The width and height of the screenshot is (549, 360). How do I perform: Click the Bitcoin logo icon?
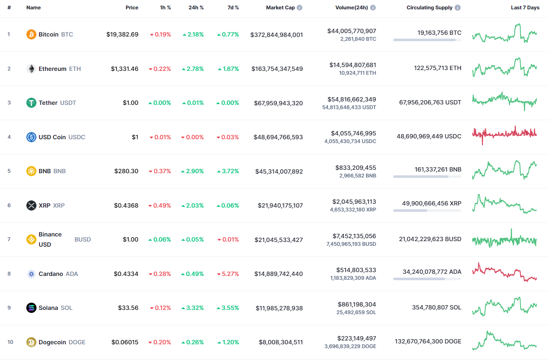[x=31, y=34]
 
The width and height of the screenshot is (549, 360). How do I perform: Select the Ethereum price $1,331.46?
[x=124, y=69]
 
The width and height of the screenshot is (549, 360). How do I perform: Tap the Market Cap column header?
[x=280, y=8]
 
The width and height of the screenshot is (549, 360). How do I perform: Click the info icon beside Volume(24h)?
[x=373, y=8]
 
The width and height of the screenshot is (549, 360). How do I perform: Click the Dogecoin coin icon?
[x=31, y=342]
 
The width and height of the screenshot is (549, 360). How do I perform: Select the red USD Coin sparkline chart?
[x=504, y=134]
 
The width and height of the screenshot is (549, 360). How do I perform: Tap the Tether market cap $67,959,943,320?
[x=278, y=103]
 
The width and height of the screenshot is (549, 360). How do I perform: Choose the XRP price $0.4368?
[x=126, y=205]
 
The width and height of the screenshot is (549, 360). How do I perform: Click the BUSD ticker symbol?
[x=83, y=239]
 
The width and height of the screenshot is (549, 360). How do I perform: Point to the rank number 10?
[x=10, y=342]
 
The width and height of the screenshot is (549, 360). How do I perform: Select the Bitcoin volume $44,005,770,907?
[x=351, y=31]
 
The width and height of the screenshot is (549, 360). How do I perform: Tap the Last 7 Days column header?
[x=525, y=8]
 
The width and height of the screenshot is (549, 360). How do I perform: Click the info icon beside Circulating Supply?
[x=457, y=8]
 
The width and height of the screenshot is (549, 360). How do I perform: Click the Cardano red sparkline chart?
[x=504, y=272]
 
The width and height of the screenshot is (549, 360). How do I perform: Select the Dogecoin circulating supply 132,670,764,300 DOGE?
[x=428, y=341]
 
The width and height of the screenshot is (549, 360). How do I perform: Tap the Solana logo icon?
[x=31, y=308]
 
